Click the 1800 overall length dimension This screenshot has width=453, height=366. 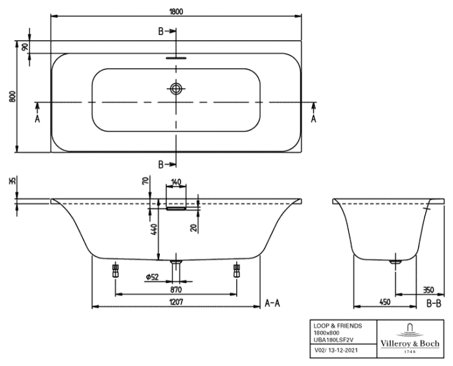coord(176,11)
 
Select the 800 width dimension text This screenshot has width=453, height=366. coord(12,97)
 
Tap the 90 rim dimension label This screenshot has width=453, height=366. coord(25,47)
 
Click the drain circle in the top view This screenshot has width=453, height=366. coord(175,89)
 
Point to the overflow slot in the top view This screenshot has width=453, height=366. coord(176,58)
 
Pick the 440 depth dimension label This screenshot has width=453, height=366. coord(154,229)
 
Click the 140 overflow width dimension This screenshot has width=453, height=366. coord(176,182)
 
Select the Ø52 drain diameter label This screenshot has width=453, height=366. coord(152,277)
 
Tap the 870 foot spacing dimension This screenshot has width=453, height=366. coord(176,289)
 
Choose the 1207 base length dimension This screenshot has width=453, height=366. coord(176,302)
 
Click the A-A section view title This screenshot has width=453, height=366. coord(272,303)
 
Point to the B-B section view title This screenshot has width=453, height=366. coord(434,304)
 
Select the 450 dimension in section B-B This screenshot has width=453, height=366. coord(385,302)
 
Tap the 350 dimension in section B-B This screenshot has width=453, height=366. coord(428,290)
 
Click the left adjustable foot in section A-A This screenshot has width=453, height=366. coord(115,270)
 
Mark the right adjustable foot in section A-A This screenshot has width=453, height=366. coord(237,270)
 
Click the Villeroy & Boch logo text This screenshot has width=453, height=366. coord(410,343)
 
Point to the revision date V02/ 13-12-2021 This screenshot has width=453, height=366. coord(336,350)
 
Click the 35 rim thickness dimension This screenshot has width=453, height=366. coord(12,181)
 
